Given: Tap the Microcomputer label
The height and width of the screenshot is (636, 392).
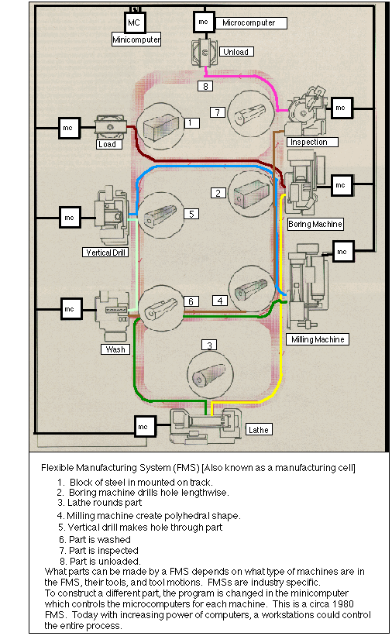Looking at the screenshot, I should [x=249, y=22].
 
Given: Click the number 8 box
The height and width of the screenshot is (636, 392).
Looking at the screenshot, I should [x=205, y=85].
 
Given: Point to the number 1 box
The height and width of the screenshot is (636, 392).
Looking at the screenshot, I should [x=193, y=122].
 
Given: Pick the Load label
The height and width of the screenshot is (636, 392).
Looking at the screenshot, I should [x=108, y=144].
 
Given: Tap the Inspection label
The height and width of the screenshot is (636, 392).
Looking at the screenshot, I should [x=308, y=142].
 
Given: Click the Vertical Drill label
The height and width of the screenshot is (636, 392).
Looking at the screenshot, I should [x=105, y=253].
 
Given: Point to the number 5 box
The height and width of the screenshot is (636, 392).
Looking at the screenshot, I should [x=193, y=213].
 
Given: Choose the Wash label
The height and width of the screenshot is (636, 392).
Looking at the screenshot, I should [x=113, y=349].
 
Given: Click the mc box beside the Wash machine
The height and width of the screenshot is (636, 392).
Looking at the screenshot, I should [x=69, y=309].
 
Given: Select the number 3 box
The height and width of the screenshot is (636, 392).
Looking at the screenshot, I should [x=207, y=345].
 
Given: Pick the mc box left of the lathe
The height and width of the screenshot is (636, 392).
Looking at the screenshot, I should [x=143, y=425].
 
